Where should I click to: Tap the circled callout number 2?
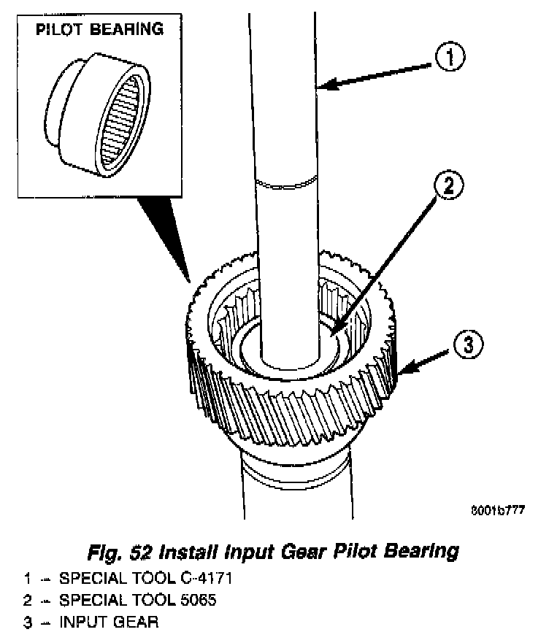coord(446,185)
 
